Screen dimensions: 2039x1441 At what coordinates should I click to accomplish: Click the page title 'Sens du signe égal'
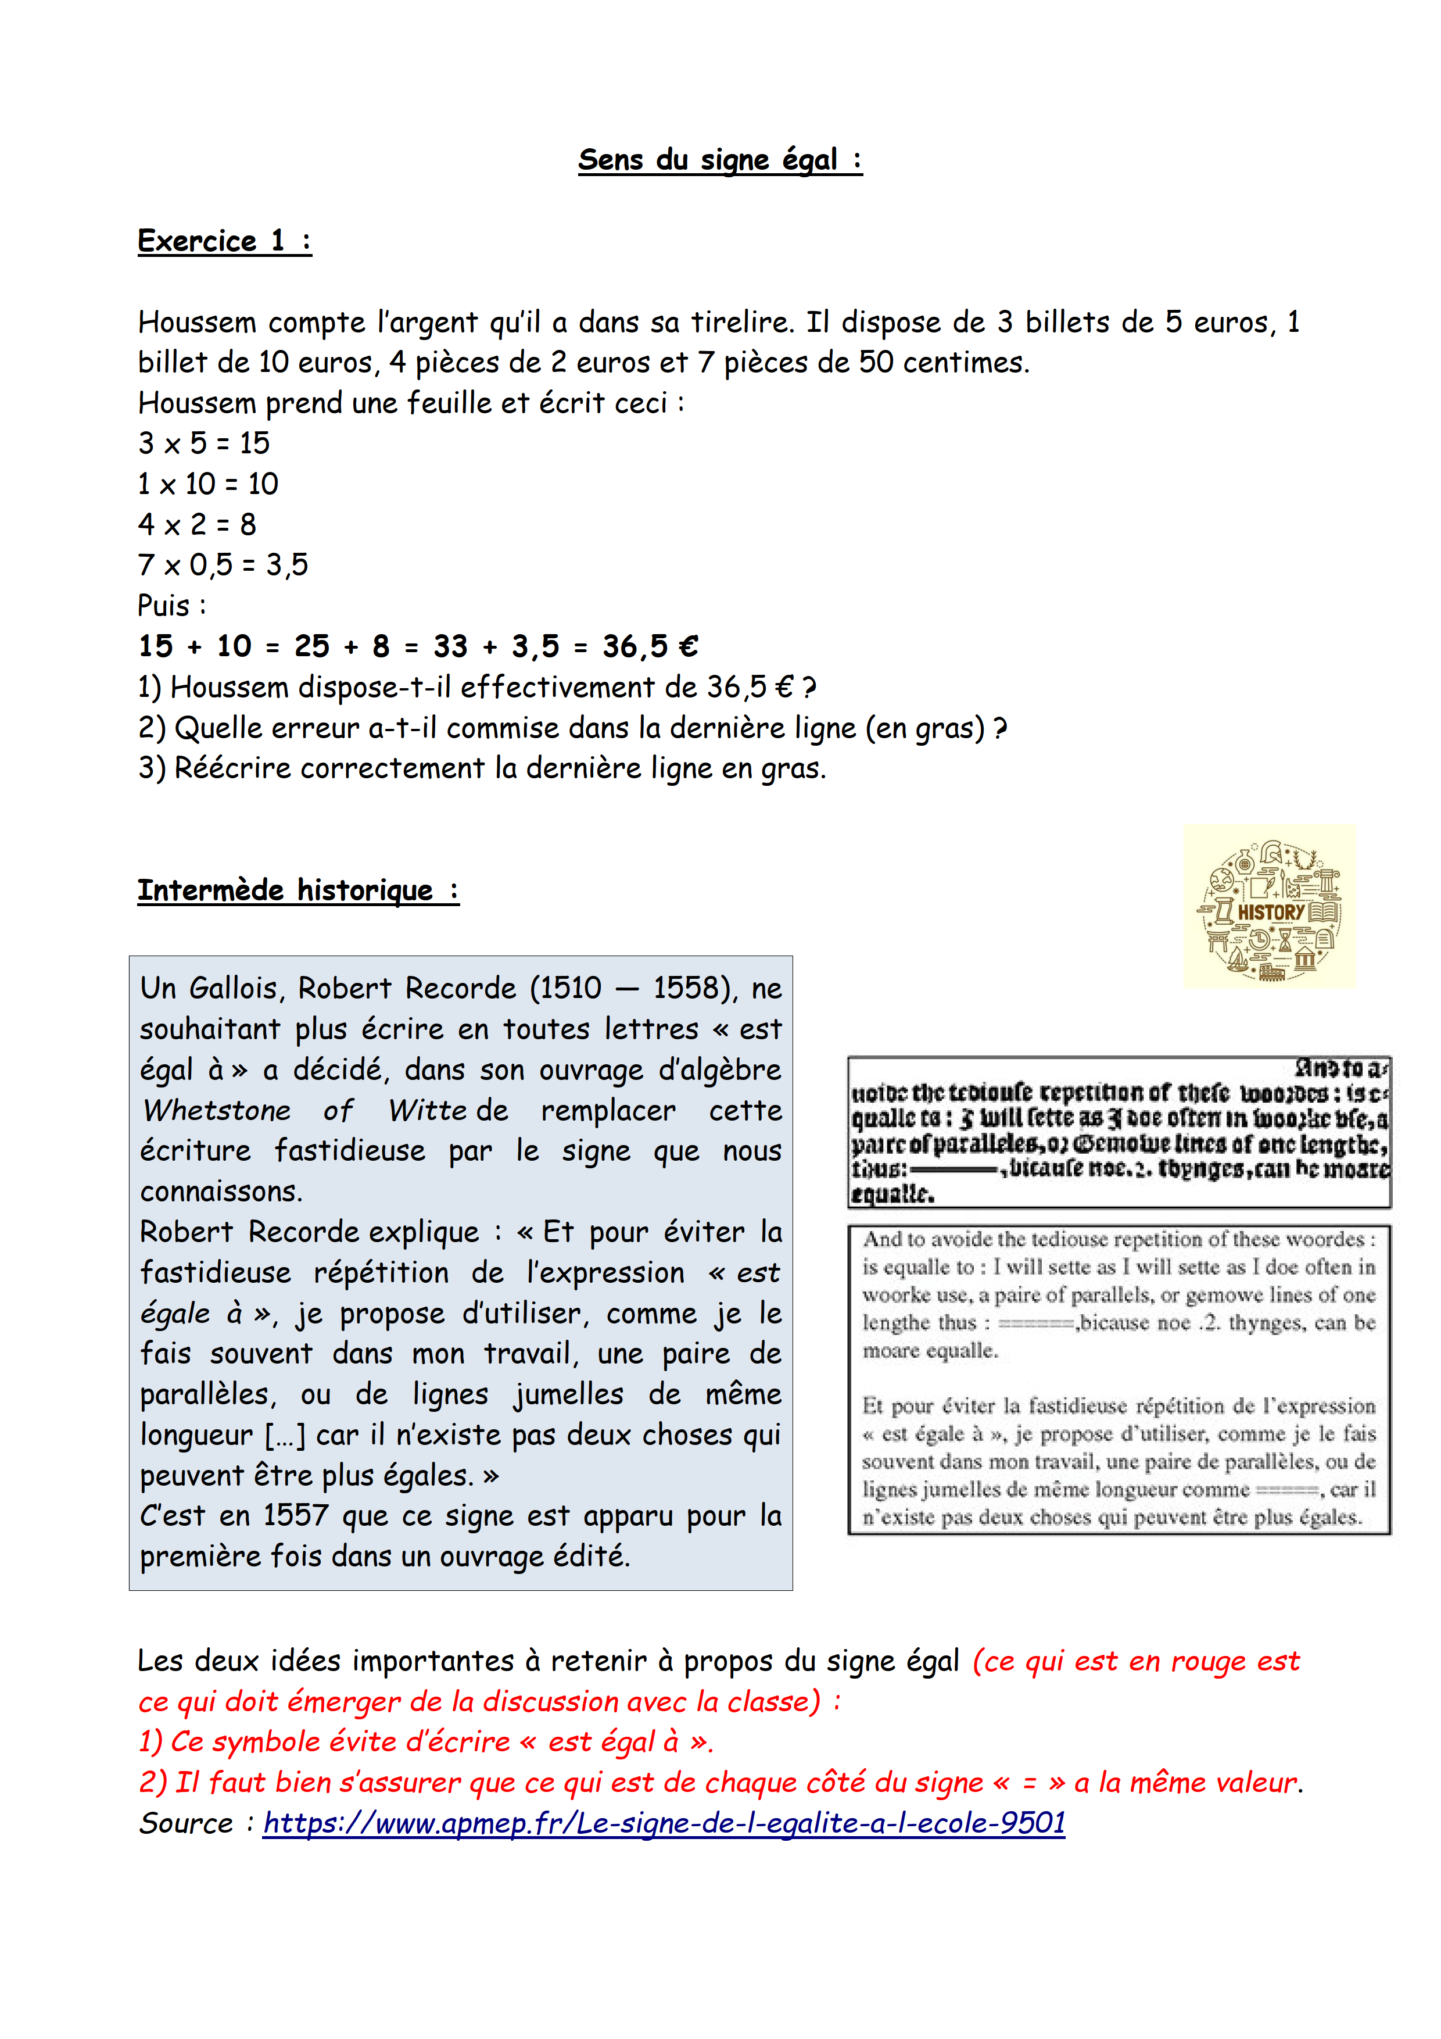(719, 160)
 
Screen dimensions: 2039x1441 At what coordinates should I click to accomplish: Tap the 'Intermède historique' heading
(297, 890)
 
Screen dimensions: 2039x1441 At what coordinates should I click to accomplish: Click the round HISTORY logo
(1269, 907)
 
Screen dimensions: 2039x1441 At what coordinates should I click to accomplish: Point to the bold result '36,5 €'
(650, 646)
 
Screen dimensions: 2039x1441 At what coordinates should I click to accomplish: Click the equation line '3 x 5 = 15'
(203, 442)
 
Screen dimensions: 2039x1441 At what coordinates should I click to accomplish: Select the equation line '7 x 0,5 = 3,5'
(223, 565)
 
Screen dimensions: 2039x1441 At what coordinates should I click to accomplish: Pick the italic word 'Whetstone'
(217, 1110)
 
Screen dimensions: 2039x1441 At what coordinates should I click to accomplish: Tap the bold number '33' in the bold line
(450, 646)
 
